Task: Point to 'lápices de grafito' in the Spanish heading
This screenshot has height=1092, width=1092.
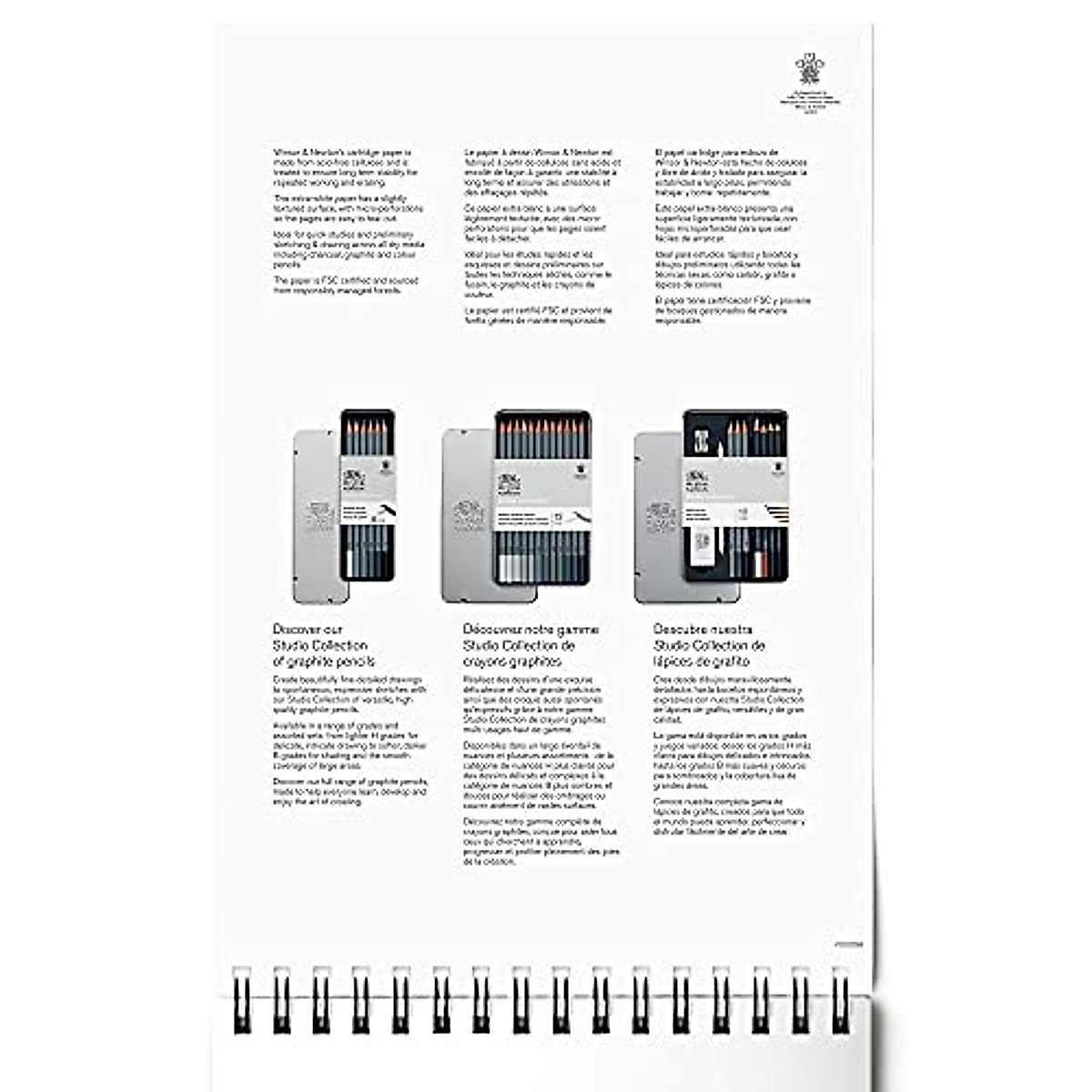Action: [701, 662]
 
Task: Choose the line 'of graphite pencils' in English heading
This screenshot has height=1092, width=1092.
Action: [324, 662]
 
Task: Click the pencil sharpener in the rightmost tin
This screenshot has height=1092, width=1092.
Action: [707, 435]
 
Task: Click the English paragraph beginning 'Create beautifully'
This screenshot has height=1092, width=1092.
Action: [349, 696]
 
